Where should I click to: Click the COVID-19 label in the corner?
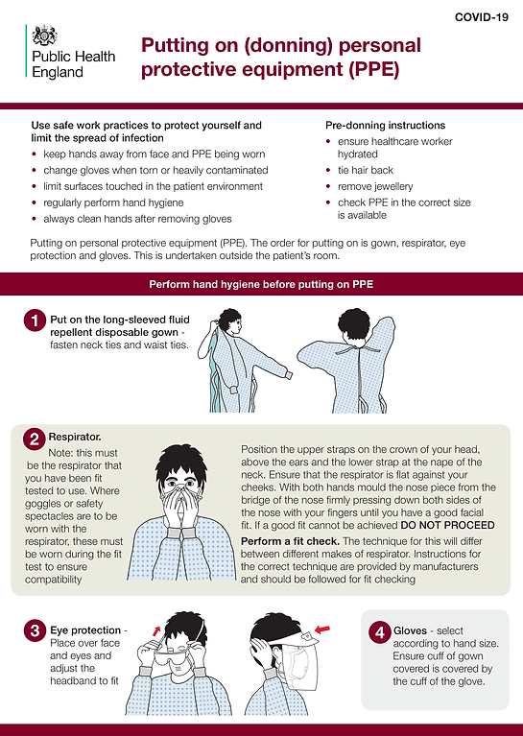point(482,17)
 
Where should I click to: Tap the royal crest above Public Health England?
point(44,36)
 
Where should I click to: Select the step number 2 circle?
point(34,439)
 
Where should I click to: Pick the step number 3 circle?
point(34,631)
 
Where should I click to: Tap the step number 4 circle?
point(379,632)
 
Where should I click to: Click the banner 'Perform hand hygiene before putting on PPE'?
point(261,285)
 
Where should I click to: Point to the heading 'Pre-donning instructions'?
point(385,125)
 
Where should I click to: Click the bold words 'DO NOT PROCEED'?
point(447,525)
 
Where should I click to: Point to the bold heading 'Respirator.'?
point(77,436)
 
